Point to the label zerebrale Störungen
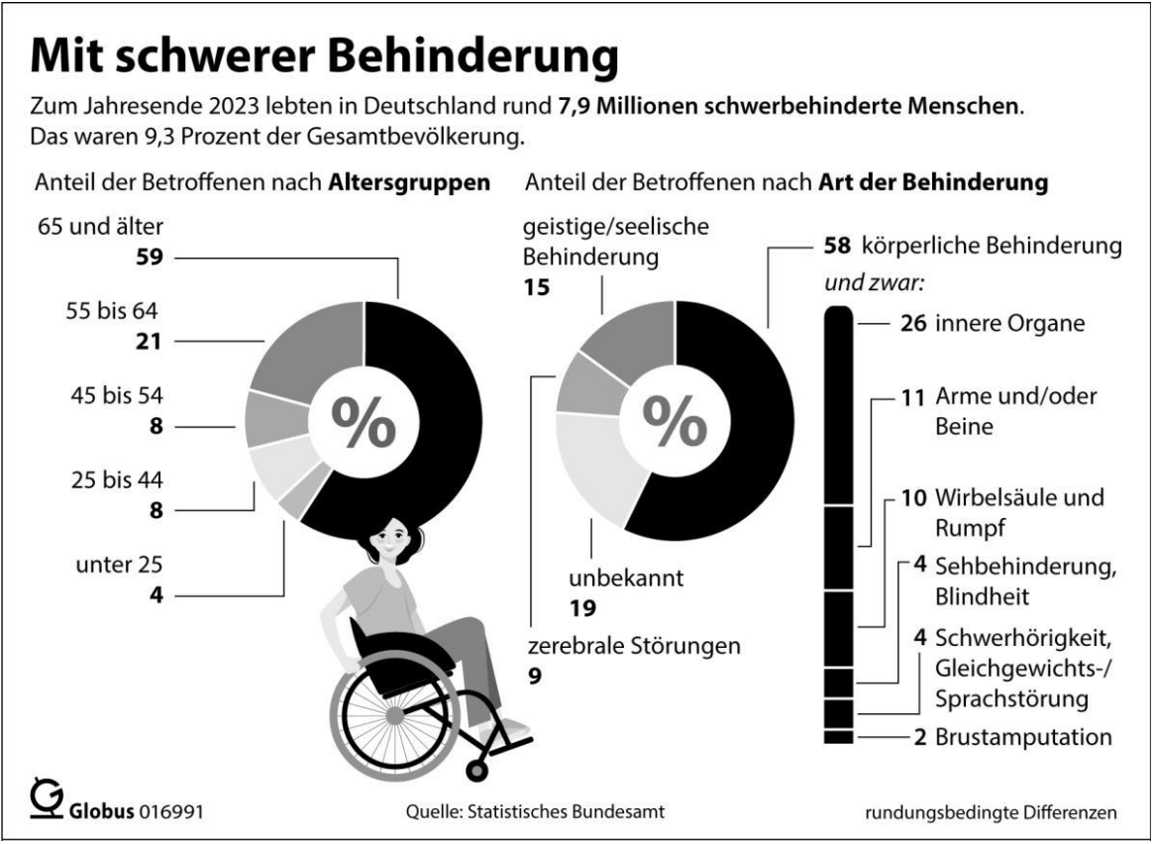click(634, 649)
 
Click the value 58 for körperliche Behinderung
click(839, 246)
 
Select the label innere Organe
click(993, 323)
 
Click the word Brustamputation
click(1022, 737)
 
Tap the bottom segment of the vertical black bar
click(837, 736)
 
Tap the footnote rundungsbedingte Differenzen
click(992, 812)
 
